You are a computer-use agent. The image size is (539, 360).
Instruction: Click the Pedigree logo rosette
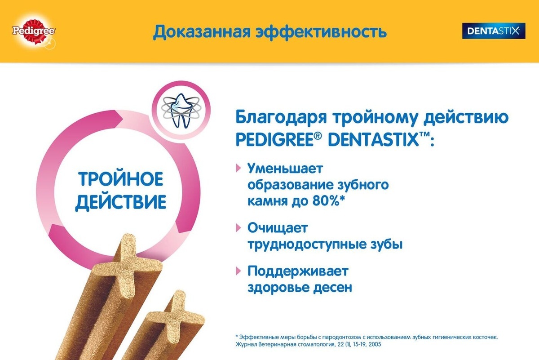(x=34, y=31)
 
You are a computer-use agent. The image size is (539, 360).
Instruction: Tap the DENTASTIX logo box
(x=494, y=31)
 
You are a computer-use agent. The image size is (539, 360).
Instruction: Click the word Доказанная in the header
(x=202, y=32)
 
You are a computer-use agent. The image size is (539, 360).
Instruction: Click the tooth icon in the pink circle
(x=181, y=110)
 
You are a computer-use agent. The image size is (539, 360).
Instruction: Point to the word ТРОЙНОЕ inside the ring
(x=120, y=179)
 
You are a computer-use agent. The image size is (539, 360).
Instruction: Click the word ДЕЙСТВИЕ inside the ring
(x=120, y=201)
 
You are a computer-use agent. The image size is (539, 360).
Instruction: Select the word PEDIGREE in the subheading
(x=275, y=139)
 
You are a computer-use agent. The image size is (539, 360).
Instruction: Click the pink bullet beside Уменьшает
(x=238, y=168)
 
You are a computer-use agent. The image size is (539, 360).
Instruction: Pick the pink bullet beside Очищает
(x=238, y=227)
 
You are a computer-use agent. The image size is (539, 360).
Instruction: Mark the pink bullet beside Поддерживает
(x=238, y=271)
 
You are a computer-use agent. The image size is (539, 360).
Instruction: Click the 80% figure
(x=326, y=201)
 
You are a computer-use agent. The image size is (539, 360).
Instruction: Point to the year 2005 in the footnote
(x=375, y=344)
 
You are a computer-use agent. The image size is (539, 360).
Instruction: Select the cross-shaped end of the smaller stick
(x=175, y=316)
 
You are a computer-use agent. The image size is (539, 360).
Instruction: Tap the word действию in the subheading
(x=466, y=117)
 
